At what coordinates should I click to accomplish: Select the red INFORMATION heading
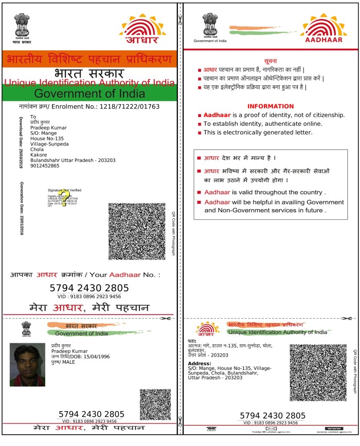tap(270, 106)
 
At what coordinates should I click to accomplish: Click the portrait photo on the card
tap(27, 364)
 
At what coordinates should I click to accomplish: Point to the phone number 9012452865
tap(45, 165)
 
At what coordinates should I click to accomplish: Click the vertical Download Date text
tap(22, 143)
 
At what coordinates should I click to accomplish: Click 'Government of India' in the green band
tap(89, 94)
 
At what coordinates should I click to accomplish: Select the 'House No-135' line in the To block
tap(47, 138)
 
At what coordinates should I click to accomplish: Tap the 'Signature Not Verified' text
tap(64, 190)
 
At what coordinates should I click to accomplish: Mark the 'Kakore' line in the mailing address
tap(39, 155)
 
